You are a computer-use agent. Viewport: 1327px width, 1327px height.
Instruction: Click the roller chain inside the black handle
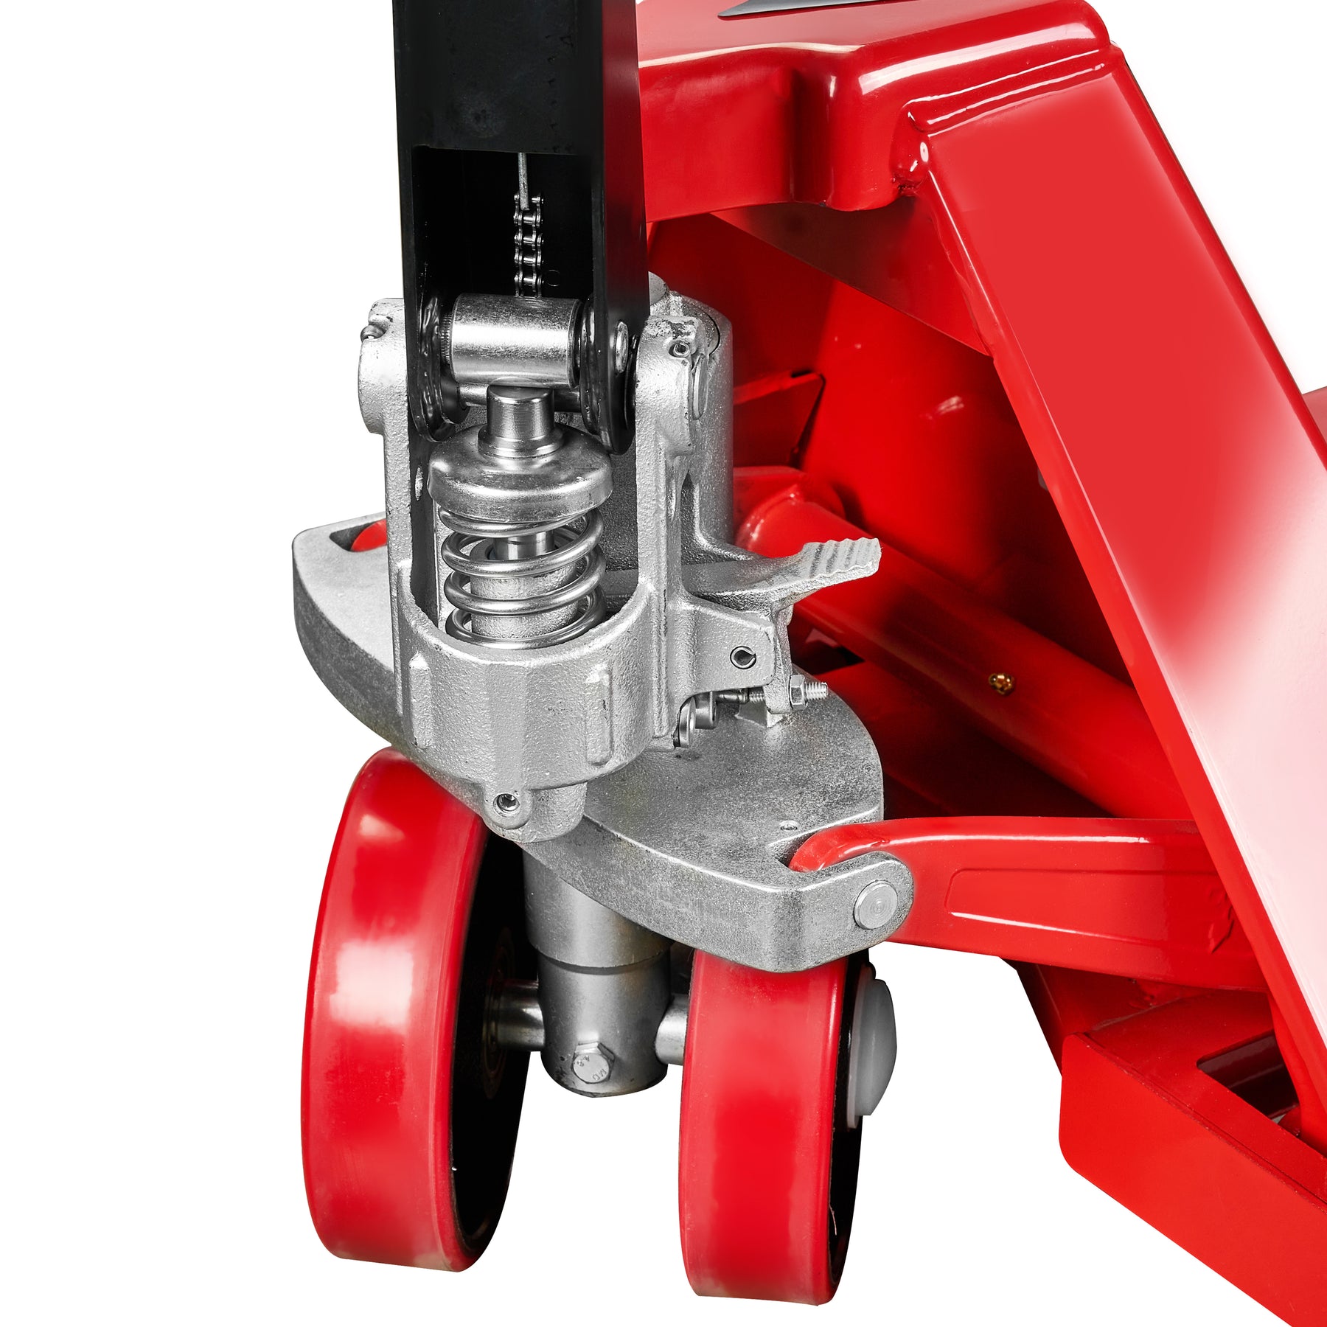point(528,243)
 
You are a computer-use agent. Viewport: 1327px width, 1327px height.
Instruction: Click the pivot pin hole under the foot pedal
point(743,655)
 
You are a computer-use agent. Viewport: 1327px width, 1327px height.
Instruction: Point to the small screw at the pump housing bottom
point(506,801)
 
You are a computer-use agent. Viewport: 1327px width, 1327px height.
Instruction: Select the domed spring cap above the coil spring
point(520,472)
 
